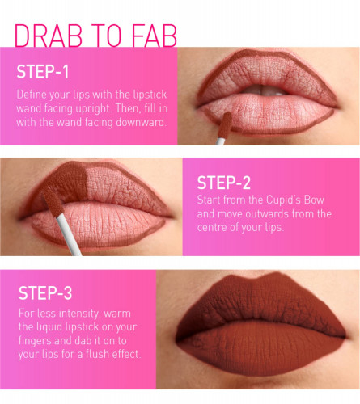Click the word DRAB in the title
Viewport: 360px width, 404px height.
tap(49, 36)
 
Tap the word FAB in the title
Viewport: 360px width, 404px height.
tap(155, 36)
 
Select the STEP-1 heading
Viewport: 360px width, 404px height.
tap(43, 72)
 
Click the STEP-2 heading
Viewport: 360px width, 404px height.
tap(224, 183)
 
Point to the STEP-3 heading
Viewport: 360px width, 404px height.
tap(45, 292)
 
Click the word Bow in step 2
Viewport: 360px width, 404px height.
tap(314, 200)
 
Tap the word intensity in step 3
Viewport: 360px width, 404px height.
tap(79, 314)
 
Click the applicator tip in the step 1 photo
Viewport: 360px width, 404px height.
tap(225, 125)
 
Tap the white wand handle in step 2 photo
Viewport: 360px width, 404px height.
tap(69, 234)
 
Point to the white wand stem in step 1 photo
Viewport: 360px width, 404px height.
tap(220, 141)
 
